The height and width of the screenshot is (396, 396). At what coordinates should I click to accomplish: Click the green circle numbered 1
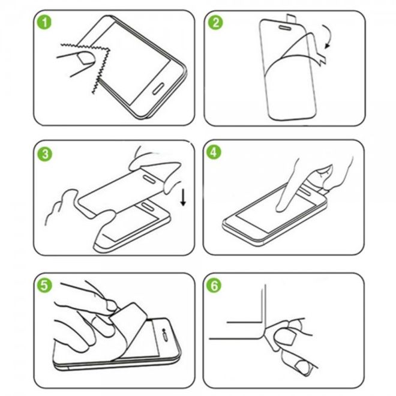click(x=44, y=22)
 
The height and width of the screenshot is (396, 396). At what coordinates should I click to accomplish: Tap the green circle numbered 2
click(x=215, y=22)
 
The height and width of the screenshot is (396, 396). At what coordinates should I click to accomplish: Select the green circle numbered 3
click(x=45, y=154)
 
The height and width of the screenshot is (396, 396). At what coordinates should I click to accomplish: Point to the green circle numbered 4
click(x=214, y=152)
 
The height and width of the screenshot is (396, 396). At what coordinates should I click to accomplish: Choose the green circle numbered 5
click(x=44, y=286)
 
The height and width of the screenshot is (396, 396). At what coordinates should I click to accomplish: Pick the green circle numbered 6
click(x=214, y=286)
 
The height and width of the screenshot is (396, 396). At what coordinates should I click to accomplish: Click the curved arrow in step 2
click(x=329, y=35)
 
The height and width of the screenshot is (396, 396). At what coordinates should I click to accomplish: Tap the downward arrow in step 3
click(x=183, y=198)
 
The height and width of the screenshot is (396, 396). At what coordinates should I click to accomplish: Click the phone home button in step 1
click(x=158, y=88)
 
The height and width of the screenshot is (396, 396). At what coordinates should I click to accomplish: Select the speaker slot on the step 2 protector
click(x=285, y=27)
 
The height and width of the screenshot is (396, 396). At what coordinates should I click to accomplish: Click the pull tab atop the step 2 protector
click(x=290, y=18)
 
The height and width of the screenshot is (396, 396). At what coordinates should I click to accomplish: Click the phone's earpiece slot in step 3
click(x=147, y=206)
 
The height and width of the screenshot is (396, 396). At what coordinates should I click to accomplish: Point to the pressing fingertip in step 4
click(x=281, y=208)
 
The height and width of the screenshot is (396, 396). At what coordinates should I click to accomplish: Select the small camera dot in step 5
click(x=163, y=331)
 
